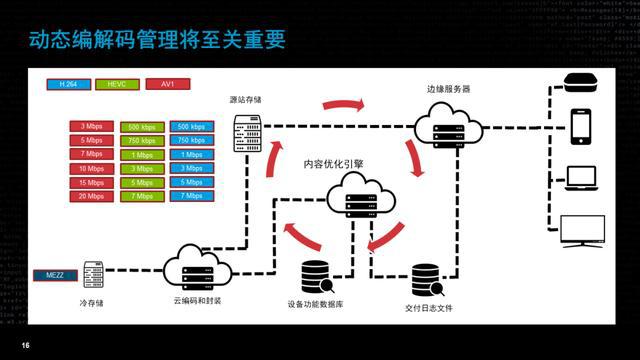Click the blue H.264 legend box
68,85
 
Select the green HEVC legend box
114,85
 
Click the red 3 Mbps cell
92,127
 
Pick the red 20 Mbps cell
92,196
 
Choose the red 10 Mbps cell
92,169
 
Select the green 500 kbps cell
141,127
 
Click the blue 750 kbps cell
189,141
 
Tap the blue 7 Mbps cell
189,196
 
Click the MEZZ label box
54,273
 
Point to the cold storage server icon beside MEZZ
94,273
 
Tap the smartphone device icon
582,124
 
